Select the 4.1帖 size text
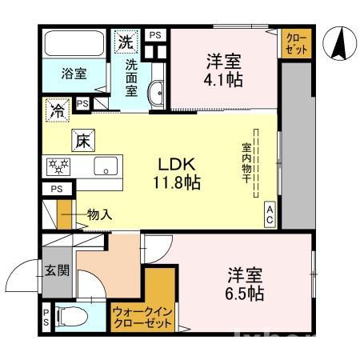click(x=224, y=80)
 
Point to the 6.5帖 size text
click(x=244, y=294)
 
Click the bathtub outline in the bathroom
click(x=73, y=43)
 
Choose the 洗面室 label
click(x=130, y=74)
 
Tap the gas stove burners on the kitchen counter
click(x=59, y=166)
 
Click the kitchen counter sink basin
click(x=105, y=167)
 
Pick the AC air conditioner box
click(x=270, y=214)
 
